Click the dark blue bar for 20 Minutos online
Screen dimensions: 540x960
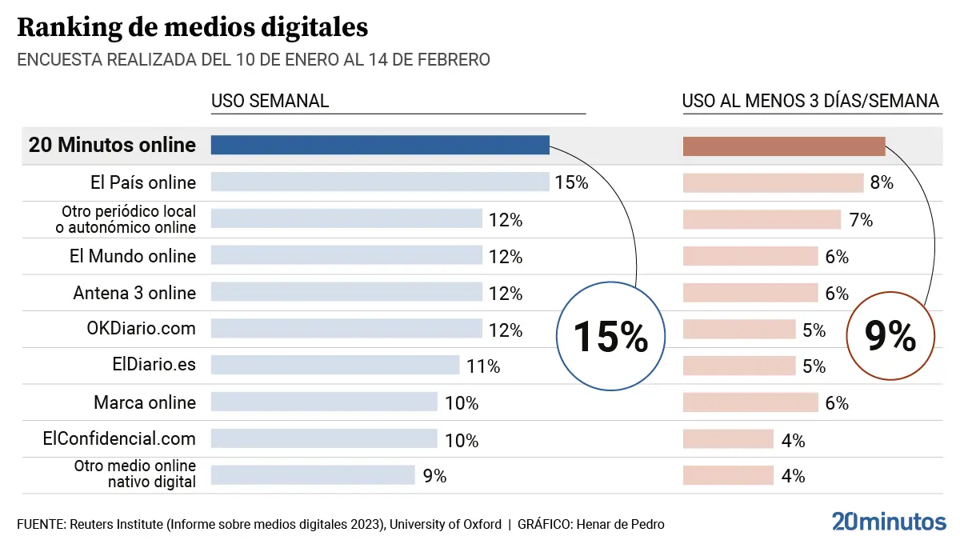tap(380, 145)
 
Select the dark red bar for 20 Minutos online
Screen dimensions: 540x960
tap(784, 146)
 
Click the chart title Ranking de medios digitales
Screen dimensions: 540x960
tap(192, 27)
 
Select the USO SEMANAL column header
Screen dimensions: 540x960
tap(270, 101)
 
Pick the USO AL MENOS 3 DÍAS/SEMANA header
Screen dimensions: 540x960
tap(810, 101)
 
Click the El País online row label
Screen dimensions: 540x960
tap(143, 182)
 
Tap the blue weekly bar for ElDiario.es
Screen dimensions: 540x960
tap(335, 366)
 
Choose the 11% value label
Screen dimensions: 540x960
tap(483, 366)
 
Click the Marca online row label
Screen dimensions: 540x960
tap(144, 402)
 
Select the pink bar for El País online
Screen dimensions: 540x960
tap(773, 182)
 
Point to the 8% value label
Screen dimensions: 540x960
tap(882, 182)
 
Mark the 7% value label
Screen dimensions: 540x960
tap(861, 220)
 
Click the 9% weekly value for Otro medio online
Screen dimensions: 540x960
tap(434, 476)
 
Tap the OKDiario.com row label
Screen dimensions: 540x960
tap(141, 329)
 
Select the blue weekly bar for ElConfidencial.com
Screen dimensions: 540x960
tap(324, 438)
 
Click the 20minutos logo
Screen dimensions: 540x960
tap(888, 522)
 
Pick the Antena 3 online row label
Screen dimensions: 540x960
tap(134, 293)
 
